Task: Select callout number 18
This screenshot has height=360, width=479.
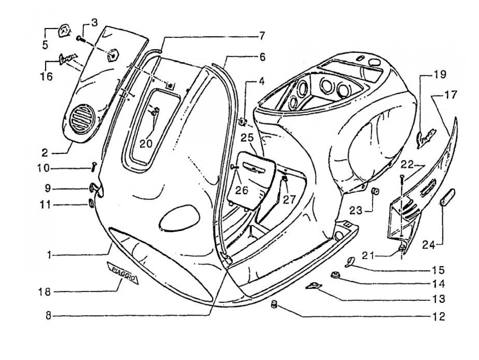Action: pyautogui.click(x=45, y=292)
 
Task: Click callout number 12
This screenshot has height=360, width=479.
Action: pyautogui.click(x=438, y=316)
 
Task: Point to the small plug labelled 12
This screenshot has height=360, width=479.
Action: pyautogui.click(x=274, y=304)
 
